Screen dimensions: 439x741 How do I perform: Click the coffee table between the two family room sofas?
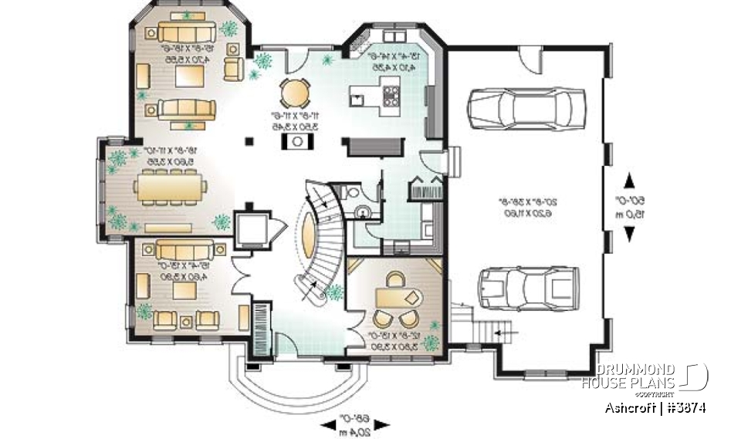coord(186,76)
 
